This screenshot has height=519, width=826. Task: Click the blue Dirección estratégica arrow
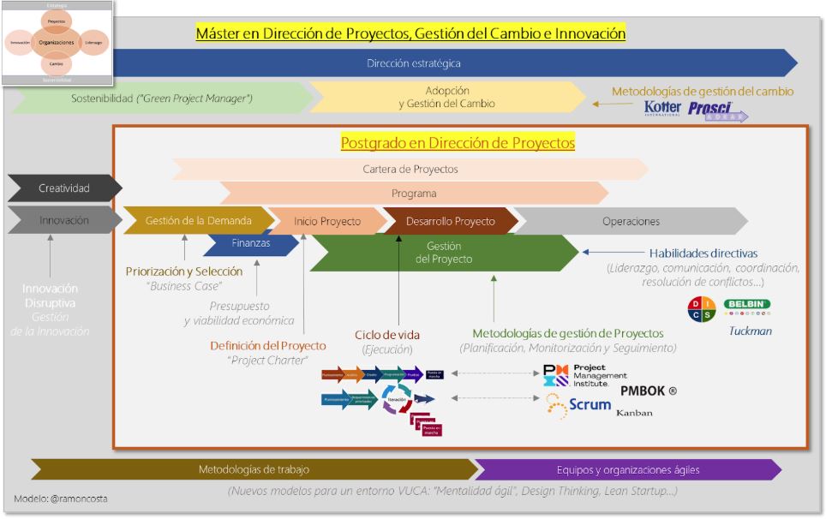tap(414, 63)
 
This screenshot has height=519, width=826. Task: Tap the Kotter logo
tap(662, 108)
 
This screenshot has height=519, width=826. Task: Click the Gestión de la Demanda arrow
tap(198, 221)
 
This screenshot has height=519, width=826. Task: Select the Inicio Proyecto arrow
tap(326, 221)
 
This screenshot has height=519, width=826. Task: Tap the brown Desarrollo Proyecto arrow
tap(450, 221)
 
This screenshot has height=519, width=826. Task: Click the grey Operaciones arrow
tap(631, 221)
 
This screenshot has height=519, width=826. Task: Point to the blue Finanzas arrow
tap(250, 243)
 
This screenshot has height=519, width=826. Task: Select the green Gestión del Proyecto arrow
tap(444, 253)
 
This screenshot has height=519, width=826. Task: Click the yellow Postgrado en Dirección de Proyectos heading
tap(458, 143)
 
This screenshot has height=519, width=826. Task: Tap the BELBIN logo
tap(746, 304)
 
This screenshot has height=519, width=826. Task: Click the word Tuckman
tap(750, 330)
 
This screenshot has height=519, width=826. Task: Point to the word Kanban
tap(634, 412)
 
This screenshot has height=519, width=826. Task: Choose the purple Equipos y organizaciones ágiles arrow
tap(627, 469)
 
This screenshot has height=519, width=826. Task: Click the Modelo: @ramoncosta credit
tap(59, 498)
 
